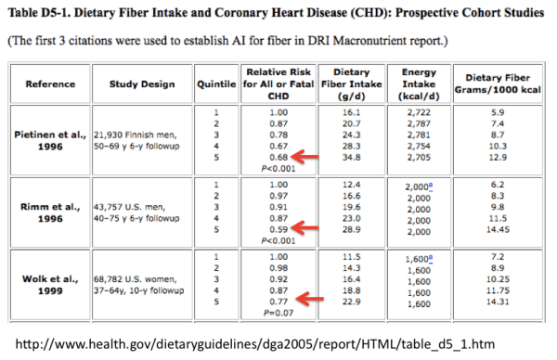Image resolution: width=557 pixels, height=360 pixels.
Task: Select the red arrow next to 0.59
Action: [x=310, y=226]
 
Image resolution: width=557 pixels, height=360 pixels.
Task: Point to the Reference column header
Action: [x=50, y=84]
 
